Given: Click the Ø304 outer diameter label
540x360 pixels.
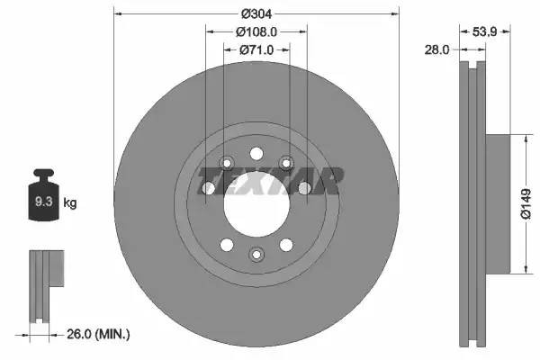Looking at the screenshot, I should (x=256, y=13).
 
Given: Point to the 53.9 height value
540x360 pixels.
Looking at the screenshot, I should (x=486, y=32).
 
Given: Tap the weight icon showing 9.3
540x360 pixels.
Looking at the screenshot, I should (x=43, y=199).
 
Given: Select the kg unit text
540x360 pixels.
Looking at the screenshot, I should (x=70, y=203).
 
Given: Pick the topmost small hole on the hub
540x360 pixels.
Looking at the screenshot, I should (x=256, y=153).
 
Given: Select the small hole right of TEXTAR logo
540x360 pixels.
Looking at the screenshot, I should (x=305, y=187).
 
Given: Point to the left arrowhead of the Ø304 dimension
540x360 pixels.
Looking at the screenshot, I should (x=118, y=13).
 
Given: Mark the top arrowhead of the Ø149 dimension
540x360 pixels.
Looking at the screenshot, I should (x=524, y=139).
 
